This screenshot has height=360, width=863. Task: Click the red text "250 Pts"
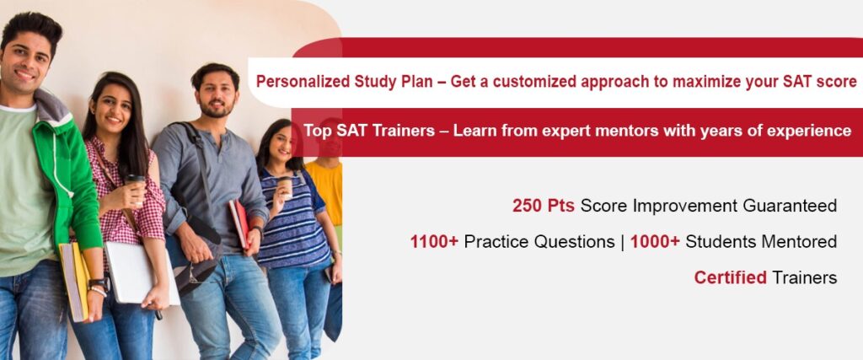544,206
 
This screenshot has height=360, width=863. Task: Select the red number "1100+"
434,242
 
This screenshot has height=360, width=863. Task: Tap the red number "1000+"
655,242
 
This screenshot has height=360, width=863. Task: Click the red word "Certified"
731,277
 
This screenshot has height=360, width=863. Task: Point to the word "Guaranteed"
790,206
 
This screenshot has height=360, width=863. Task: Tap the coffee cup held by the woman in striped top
285,187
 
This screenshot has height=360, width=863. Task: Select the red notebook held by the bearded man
240,223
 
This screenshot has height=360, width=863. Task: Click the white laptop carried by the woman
142,273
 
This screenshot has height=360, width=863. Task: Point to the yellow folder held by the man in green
74,281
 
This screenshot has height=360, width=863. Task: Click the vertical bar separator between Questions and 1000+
623,242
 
